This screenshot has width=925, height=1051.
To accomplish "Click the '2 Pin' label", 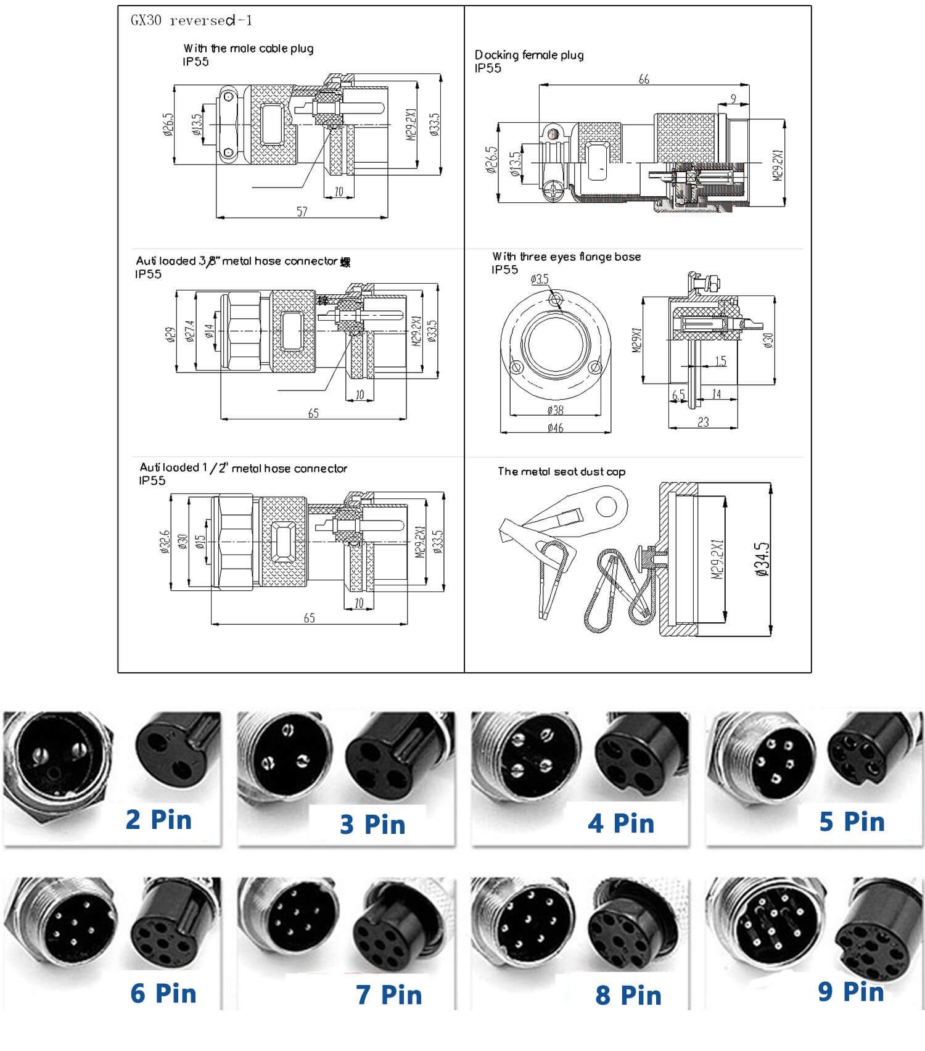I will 158,820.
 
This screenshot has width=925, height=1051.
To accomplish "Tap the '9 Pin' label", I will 851,992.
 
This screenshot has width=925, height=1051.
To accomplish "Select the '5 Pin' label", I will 852,822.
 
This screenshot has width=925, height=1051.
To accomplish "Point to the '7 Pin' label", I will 388,994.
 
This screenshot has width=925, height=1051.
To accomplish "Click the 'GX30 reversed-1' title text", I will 191,20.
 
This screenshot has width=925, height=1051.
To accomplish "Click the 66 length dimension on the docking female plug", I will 644,79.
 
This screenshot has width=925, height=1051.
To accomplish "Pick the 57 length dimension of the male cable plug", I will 302,212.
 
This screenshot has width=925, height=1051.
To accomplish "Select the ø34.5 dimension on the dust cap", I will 762,559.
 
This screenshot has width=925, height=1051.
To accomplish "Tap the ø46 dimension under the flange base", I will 555,427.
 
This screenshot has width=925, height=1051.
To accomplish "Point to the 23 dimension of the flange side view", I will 703,422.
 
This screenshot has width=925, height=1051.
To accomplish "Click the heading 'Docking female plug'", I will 529,55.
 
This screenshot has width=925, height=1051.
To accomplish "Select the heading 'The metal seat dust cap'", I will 561,472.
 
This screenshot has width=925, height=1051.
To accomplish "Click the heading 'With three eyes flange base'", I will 566,257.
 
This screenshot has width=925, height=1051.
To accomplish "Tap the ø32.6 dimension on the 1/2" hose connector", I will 165,542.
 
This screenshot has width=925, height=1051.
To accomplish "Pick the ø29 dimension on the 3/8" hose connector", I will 170,334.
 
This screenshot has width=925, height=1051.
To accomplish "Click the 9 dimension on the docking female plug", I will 733,99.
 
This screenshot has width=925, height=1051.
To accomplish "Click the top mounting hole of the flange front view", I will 556,300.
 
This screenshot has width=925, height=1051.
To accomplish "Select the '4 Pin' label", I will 620,823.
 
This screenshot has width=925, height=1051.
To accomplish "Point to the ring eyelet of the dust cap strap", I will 607,507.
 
